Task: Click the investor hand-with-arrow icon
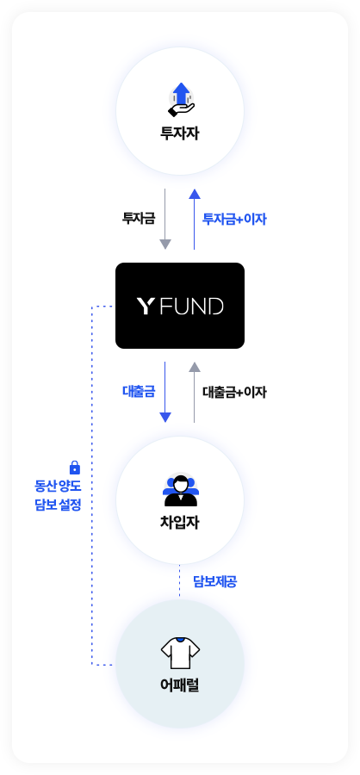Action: [x=181, y=99]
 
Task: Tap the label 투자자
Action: [x=180, y=133]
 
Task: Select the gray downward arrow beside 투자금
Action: [x=165, y=219]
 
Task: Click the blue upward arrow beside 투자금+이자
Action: [x=195, y=219]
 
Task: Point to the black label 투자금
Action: [x=139, y=219]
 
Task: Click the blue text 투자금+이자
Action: [x=234, y=219]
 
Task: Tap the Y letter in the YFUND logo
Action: [x=145, y=306]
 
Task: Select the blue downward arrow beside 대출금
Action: [x=165, y=392]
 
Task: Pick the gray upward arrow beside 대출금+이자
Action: [x=195, y=392]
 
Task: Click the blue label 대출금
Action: [x=139, y=392]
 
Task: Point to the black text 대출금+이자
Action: [x=234, y=392]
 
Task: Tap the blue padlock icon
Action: [x=75, y=467]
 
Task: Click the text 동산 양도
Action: [x=58, y=486]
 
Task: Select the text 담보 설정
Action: [x=58, y=505]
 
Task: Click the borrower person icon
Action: [x=181, y=490]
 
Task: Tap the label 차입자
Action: [x=180, y=523]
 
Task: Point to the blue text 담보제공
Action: [x=215, y=582]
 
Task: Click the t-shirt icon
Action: [x=181, y=653]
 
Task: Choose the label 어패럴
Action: [x=180, y=685]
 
